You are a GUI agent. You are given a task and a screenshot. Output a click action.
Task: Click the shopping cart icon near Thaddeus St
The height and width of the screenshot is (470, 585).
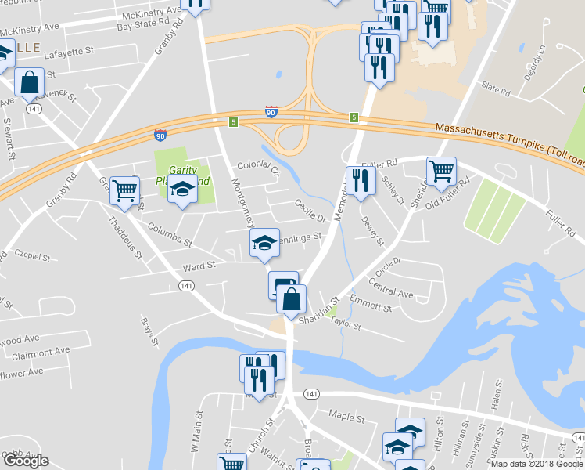(x=124, y=190)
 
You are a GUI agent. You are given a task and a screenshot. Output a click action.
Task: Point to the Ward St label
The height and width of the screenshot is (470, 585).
(x=199, y=266)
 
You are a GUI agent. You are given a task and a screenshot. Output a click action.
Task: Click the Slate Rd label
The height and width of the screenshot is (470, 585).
(x=496, y=91)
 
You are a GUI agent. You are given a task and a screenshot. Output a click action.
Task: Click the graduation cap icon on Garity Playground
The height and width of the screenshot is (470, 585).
(x=182, y=189)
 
